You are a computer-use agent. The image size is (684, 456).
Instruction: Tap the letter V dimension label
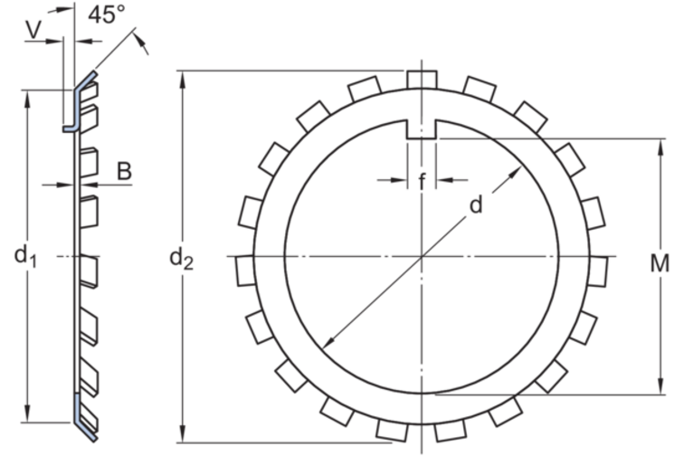point(33,29)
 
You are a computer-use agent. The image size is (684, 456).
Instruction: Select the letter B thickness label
point(124,172)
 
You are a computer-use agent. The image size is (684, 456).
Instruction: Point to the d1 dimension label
point(25,255)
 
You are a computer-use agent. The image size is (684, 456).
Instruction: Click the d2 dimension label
point(181,259)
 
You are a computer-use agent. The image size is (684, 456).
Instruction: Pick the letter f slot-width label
point(422,182)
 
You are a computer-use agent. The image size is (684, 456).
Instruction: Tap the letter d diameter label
point(476,204)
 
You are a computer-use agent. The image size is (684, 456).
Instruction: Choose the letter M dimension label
point(660,263)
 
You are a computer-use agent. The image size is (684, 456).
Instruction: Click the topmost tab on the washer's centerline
point(422,80)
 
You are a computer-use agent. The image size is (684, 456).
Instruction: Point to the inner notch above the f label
point(422,129)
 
